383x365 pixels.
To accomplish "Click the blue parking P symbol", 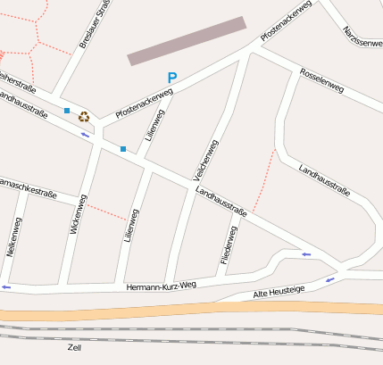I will pyautogui.click(x=172, y=78).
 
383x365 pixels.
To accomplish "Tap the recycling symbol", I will pyautogui.click(x=84, y=116).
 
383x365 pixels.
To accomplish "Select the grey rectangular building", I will pyautogui.click(x=187, y=41).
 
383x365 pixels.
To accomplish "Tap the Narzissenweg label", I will pyautogui.click(x=363, y=37).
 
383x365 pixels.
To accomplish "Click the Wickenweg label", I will pyautogui.click(x=78, y=214).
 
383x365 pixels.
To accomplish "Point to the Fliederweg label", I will pyautogui.click(x=229, y=245).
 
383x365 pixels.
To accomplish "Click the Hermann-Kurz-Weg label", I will pyautogui.click(x=161, y=286).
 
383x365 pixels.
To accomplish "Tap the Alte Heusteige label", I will pyautogui.click(x=279, y=292).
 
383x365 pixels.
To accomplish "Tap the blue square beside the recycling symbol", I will pyautogui.click(x=67, y=111).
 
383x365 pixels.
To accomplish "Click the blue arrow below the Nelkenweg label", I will pyautogui.click(x=6, y=287).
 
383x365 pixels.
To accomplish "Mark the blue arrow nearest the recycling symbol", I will pyautogui.click(x=86, y=135).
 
